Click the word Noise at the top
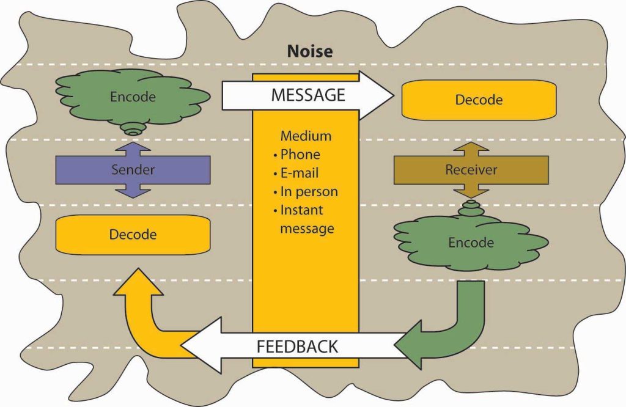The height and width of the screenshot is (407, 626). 310,51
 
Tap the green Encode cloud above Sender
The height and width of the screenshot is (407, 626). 133,97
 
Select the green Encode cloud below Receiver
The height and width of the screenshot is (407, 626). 471,243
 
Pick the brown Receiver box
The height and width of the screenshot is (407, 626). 471,169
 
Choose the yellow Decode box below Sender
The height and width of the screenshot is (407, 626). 133,234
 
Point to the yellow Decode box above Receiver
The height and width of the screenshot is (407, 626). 479,99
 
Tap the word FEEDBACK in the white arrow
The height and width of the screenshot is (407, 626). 297,346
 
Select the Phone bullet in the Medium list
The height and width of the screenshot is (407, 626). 300,155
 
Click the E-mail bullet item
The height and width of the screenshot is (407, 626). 300,173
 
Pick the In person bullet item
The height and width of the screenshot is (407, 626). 308,191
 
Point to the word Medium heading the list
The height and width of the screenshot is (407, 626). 306,136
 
